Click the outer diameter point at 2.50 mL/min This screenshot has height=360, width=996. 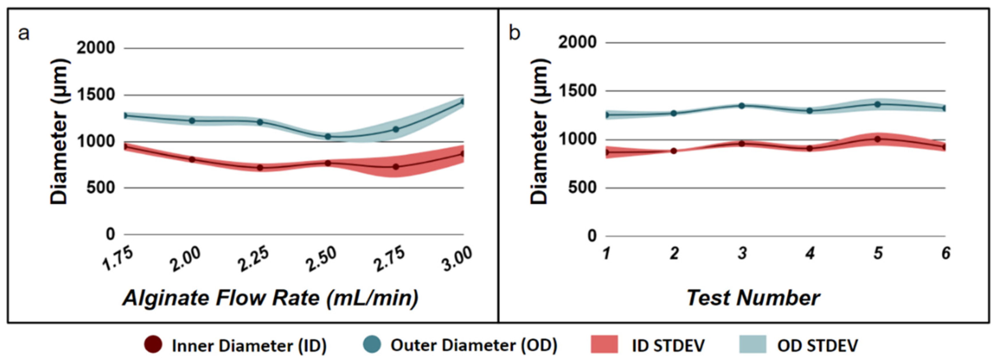[x=327, y=136]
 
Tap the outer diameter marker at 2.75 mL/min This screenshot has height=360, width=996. [x=396, y=129]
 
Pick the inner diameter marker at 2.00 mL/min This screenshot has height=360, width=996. [x=192, y=159]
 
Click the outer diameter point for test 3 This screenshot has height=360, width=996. [x=742, y=106]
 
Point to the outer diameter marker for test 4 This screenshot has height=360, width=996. [x=809, y=110]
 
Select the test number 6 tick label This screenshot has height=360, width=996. [x=946, y=253]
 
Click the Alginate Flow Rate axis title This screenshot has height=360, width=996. [x=271, y=298]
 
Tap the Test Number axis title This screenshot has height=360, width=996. [x=753, y=298]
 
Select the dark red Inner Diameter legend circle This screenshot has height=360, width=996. [x=153, y=344]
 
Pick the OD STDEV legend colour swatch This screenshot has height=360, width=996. [x=752, y=344]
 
